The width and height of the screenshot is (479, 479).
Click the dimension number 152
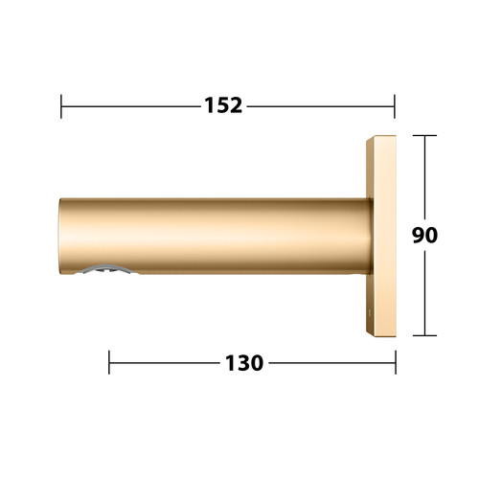click(x=223, y=105)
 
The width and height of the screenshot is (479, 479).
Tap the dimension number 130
click(x=244, y=363)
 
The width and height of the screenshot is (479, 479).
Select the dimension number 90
click(x=424, y=236)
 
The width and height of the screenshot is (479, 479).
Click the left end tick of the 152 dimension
click(x=61, y=106)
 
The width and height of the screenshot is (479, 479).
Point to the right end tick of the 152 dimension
click(x=395, y=106)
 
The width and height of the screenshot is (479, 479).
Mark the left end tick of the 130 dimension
click(x=109, y=362)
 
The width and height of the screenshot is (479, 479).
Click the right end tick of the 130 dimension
click(x=396, y=362)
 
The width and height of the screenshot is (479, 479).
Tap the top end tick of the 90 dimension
click(x=424, y=135)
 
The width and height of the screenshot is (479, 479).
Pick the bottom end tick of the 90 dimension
click(x=424, y=335)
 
